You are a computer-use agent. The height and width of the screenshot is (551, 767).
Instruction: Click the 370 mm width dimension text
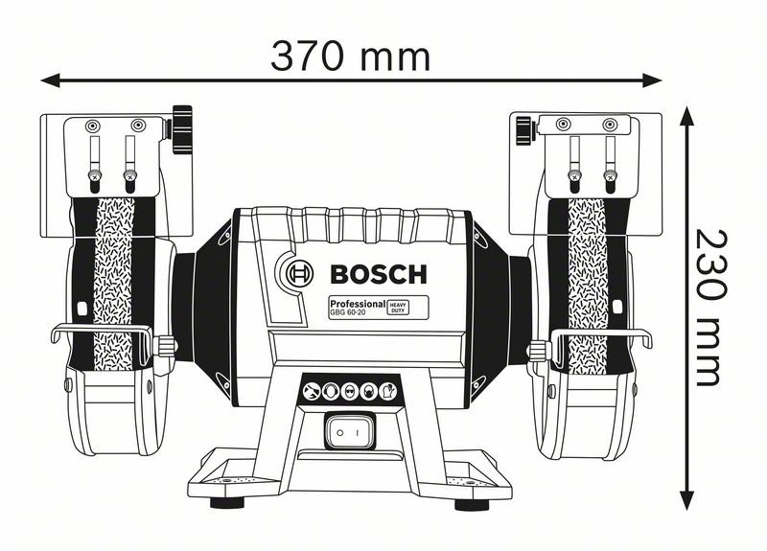[350, 57]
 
